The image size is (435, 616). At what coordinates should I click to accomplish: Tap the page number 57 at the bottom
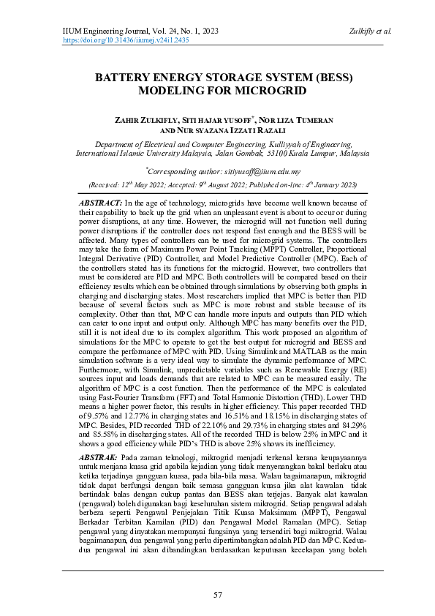[217, 594]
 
